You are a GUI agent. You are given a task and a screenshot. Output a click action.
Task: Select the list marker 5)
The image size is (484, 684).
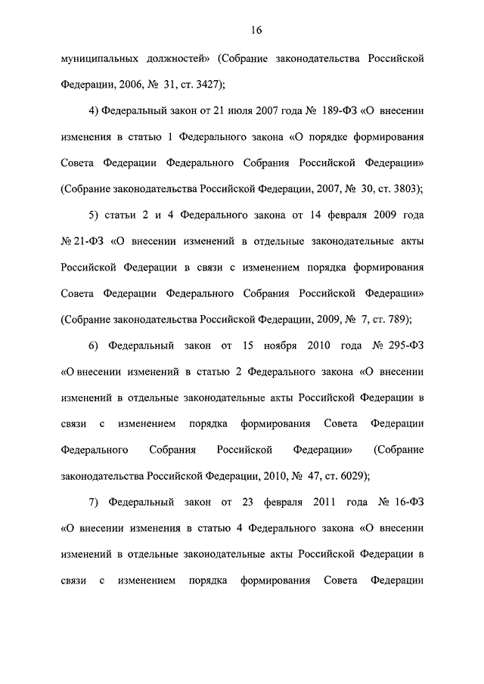[94, 215]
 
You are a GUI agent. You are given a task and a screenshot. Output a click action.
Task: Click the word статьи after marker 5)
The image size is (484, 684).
[125, 215]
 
